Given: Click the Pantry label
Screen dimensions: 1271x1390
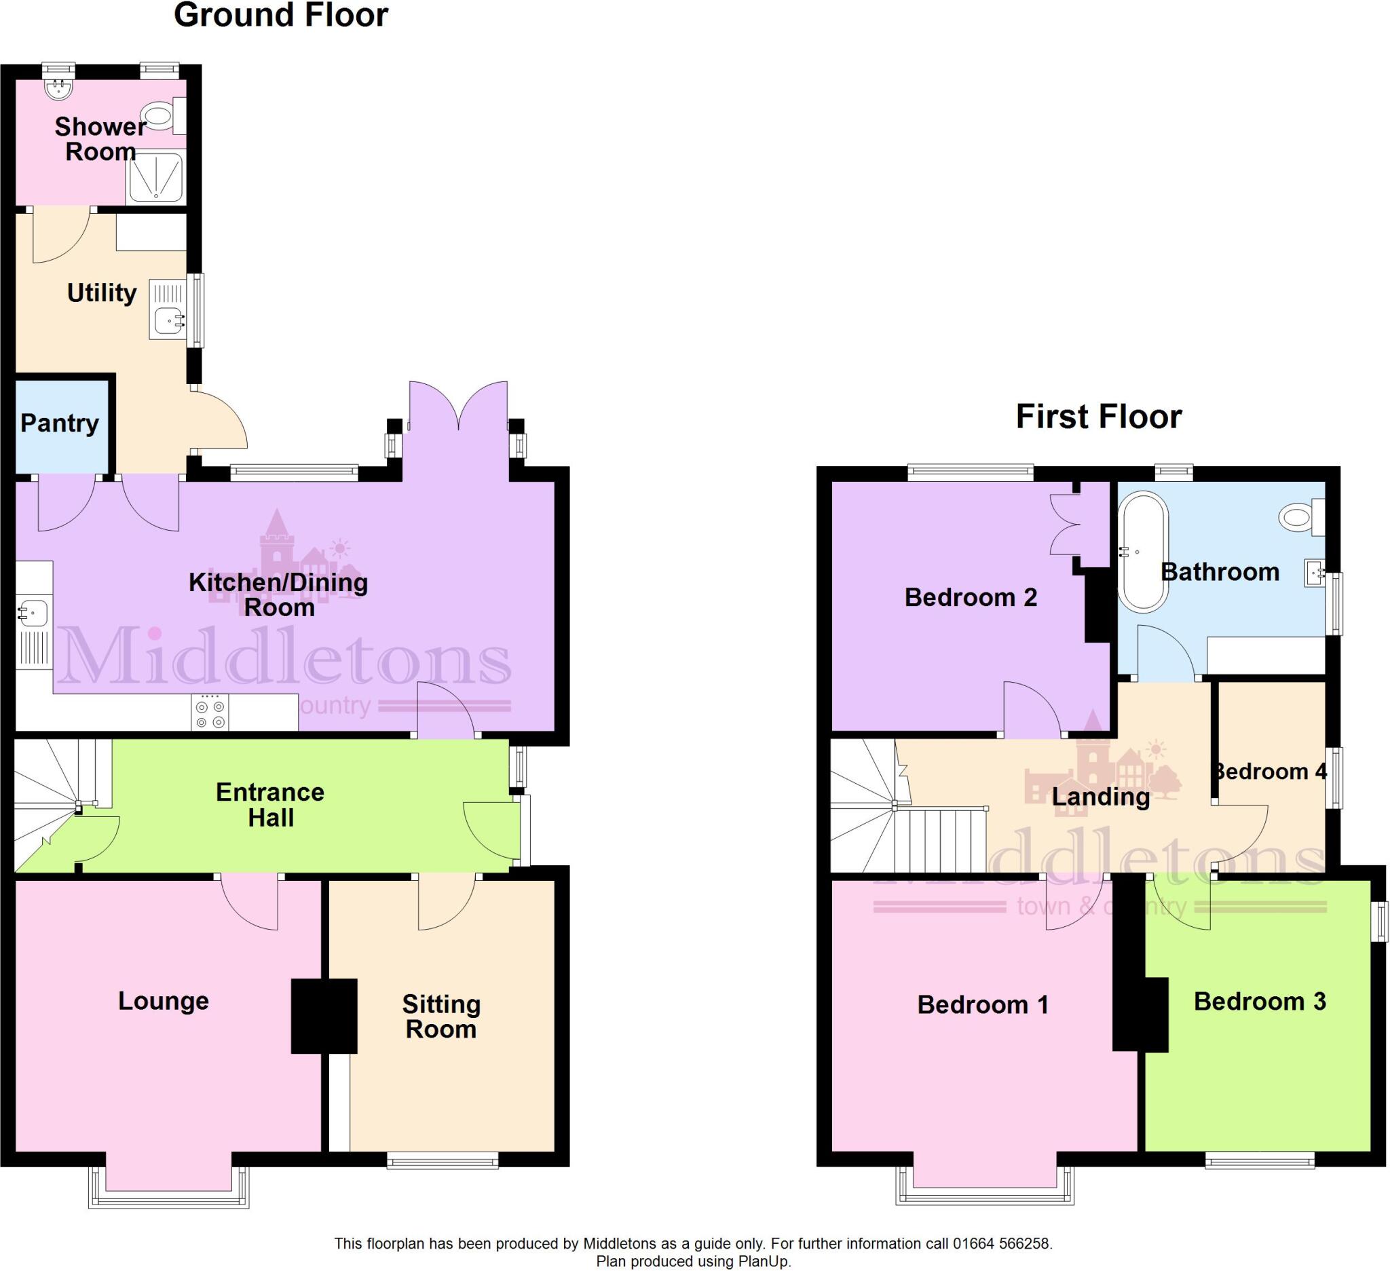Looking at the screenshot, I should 59,423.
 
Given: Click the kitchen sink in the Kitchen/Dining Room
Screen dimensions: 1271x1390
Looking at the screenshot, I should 33,611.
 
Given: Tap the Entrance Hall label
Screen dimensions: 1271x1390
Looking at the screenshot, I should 269,804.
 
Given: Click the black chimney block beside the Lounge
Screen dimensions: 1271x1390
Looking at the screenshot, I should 323,1016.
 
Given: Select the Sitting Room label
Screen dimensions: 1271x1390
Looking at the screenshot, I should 440,1016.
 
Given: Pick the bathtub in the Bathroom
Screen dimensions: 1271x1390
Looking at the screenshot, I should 1142,552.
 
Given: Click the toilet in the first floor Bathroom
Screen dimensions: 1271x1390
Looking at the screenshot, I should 1298,516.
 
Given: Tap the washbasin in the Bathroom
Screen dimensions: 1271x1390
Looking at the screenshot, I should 1313,573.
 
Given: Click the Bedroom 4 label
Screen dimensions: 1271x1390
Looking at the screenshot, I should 1270,772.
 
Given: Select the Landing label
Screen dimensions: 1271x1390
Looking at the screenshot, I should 1100,797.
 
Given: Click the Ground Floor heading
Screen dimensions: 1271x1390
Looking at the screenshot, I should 280,15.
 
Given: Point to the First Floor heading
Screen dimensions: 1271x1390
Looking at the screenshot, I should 1098,416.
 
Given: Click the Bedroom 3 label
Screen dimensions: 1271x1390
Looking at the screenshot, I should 1259,1001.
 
